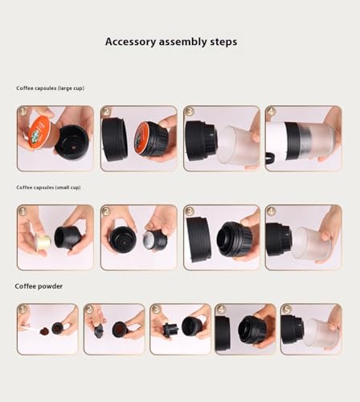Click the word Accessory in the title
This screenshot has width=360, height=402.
pyautogui.click(x=130, y=42)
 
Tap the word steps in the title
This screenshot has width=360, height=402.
pyautogui.click(x=223, y=42)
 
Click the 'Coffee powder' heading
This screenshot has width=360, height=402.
pyautogui.click(x=39, y=286)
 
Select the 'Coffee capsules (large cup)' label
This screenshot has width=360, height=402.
pyautogui.click(x=50, y=88)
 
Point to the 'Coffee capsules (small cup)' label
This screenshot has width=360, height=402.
pyautogui.click(x=48, y=187)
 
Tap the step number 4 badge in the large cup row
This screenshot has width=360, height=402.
pyautogui.click(x=272, y=111)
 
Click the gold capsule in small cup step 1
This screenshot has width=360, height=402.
pyautogui.click(x=43, y=242)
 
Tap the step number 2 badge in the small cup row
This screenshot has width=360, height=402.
pyautogui.click(x=106, y=211)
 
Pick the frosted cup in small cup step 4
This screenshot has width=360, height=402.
pyautogui.click(x=312, y=243)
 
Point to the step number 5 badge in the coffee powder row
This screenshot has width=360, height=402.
pyautogui.click(x=286, y=310)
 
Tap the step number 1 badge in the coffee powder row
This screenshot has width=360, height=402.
pyautogui.click(x=22, y=310)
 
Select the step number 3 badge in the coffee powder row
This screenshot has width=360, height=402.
pyautogui.click(x=156, y=310)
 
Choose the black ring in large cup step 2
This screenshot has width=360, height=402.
pyautogui.click(x=115, y=139)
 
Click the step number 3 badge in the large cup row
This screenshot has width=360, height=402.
pyautogui.click(x=190, y=111)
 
